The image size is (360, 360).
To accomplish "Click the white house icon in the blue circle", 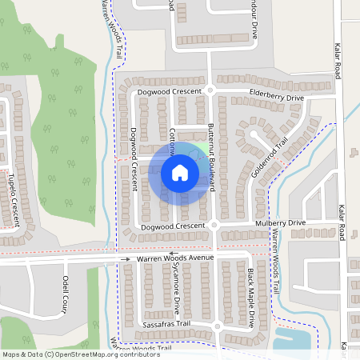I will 179,172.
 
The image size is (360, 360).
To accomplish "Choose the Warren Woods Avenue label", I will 175,258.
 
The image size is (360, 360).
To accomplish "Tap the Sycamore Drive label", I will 177,291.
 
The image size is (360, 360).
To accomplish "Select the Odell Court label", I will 66,295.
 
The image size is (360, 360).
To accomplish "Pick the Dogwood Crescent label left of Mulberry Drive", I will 167,227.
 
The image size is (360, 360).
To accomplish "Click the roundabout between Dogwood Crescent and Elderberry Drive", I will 210,90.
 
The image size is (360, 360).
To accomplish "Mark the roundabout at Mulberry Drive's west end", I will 215,226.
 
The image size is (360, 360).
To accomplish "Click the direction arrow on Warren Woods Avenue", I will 126,259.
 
